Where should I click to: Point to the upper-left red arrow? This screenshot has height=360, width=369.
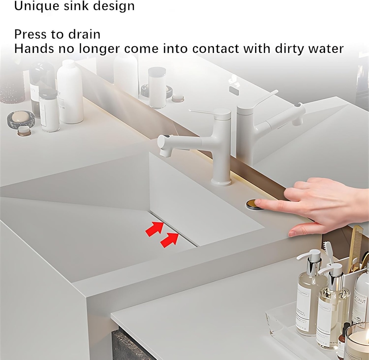click(154, 229)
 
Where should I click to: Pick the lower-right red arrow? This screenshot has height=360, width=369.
click(169, 240)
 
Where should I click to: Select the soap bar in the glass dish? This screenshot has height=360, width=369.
click(20, 117)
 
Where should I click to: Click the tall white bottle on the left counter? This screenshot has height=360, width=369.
click(70, 92)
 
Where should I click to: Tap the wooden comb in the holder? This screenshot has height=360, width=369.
click(355, 247)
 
